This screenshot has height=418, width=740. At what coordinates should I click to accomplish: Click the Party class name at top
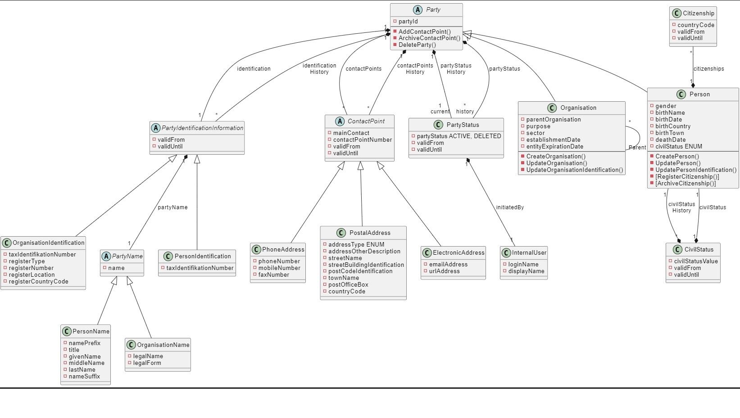[433, 9]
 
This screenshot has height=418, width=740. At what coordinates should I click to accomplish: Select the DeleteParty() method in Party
[417, 45]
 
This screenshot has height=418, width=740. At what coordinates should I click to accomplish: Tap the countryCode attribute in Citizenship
[696, 25]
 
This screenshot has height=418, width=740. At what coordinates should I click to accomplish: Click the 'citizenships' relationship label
[708, 69]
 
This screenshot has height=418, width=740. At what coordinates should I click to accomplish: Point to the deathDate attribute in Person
[670, 139]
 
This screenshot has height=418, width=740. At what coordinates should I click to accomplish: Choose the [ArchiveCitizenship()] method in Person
[686, 183]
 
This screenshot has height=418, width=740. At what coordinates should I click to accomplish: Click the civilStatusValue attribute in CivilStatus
[696, 261]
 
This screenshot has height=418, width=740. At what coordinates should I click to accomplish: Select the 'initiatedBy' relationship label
[510, 207]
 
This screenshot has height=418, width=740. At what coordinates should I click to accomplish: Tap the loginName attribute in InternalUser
[523, 265]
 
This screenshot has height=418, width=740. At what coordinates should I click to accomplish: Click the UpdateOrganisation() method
[557, 163]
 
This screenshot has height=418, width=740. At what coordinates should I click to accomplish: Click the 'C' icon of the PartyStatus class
[438, 125]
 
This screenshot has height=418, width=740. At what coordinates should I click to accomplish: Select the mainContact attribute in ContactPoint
[351, 133]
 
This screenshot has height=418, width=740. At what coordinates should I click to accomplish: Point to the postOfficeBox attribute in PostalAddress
[348, 285]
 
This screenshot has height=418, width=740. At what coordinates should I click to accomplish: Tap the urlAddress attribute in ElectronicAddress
[444, 271]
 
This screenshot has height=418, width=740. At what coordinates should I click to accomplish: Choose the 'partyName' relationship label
[173, 207]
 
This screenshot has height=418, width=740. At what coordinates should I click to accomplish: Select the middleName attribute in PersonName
[86, 363]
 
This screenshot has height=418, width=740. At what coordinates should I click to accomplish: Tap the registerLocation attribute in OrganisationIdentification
[32, 275]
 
